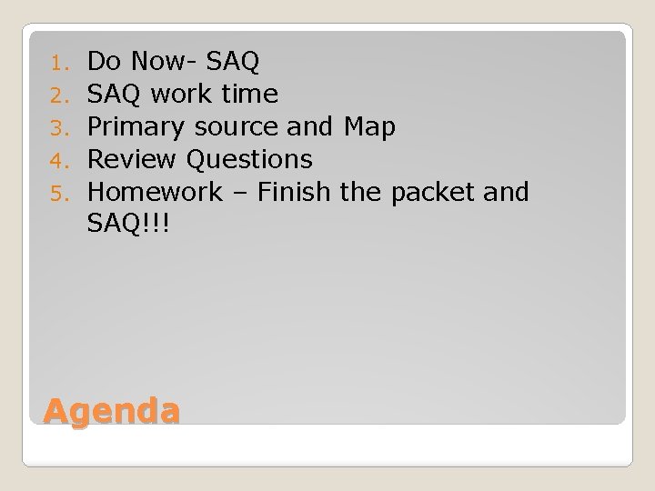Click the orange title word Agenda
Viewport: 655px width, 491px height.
111,411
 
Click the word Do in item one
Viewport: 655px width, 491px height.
105,62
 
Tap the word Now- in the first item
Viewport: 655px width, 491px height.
165,62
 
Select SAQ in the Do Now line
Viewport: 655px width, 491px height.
234,62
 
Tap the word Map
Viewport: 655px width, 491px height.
369,127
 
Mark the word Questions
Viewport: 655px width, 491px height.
249,160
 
